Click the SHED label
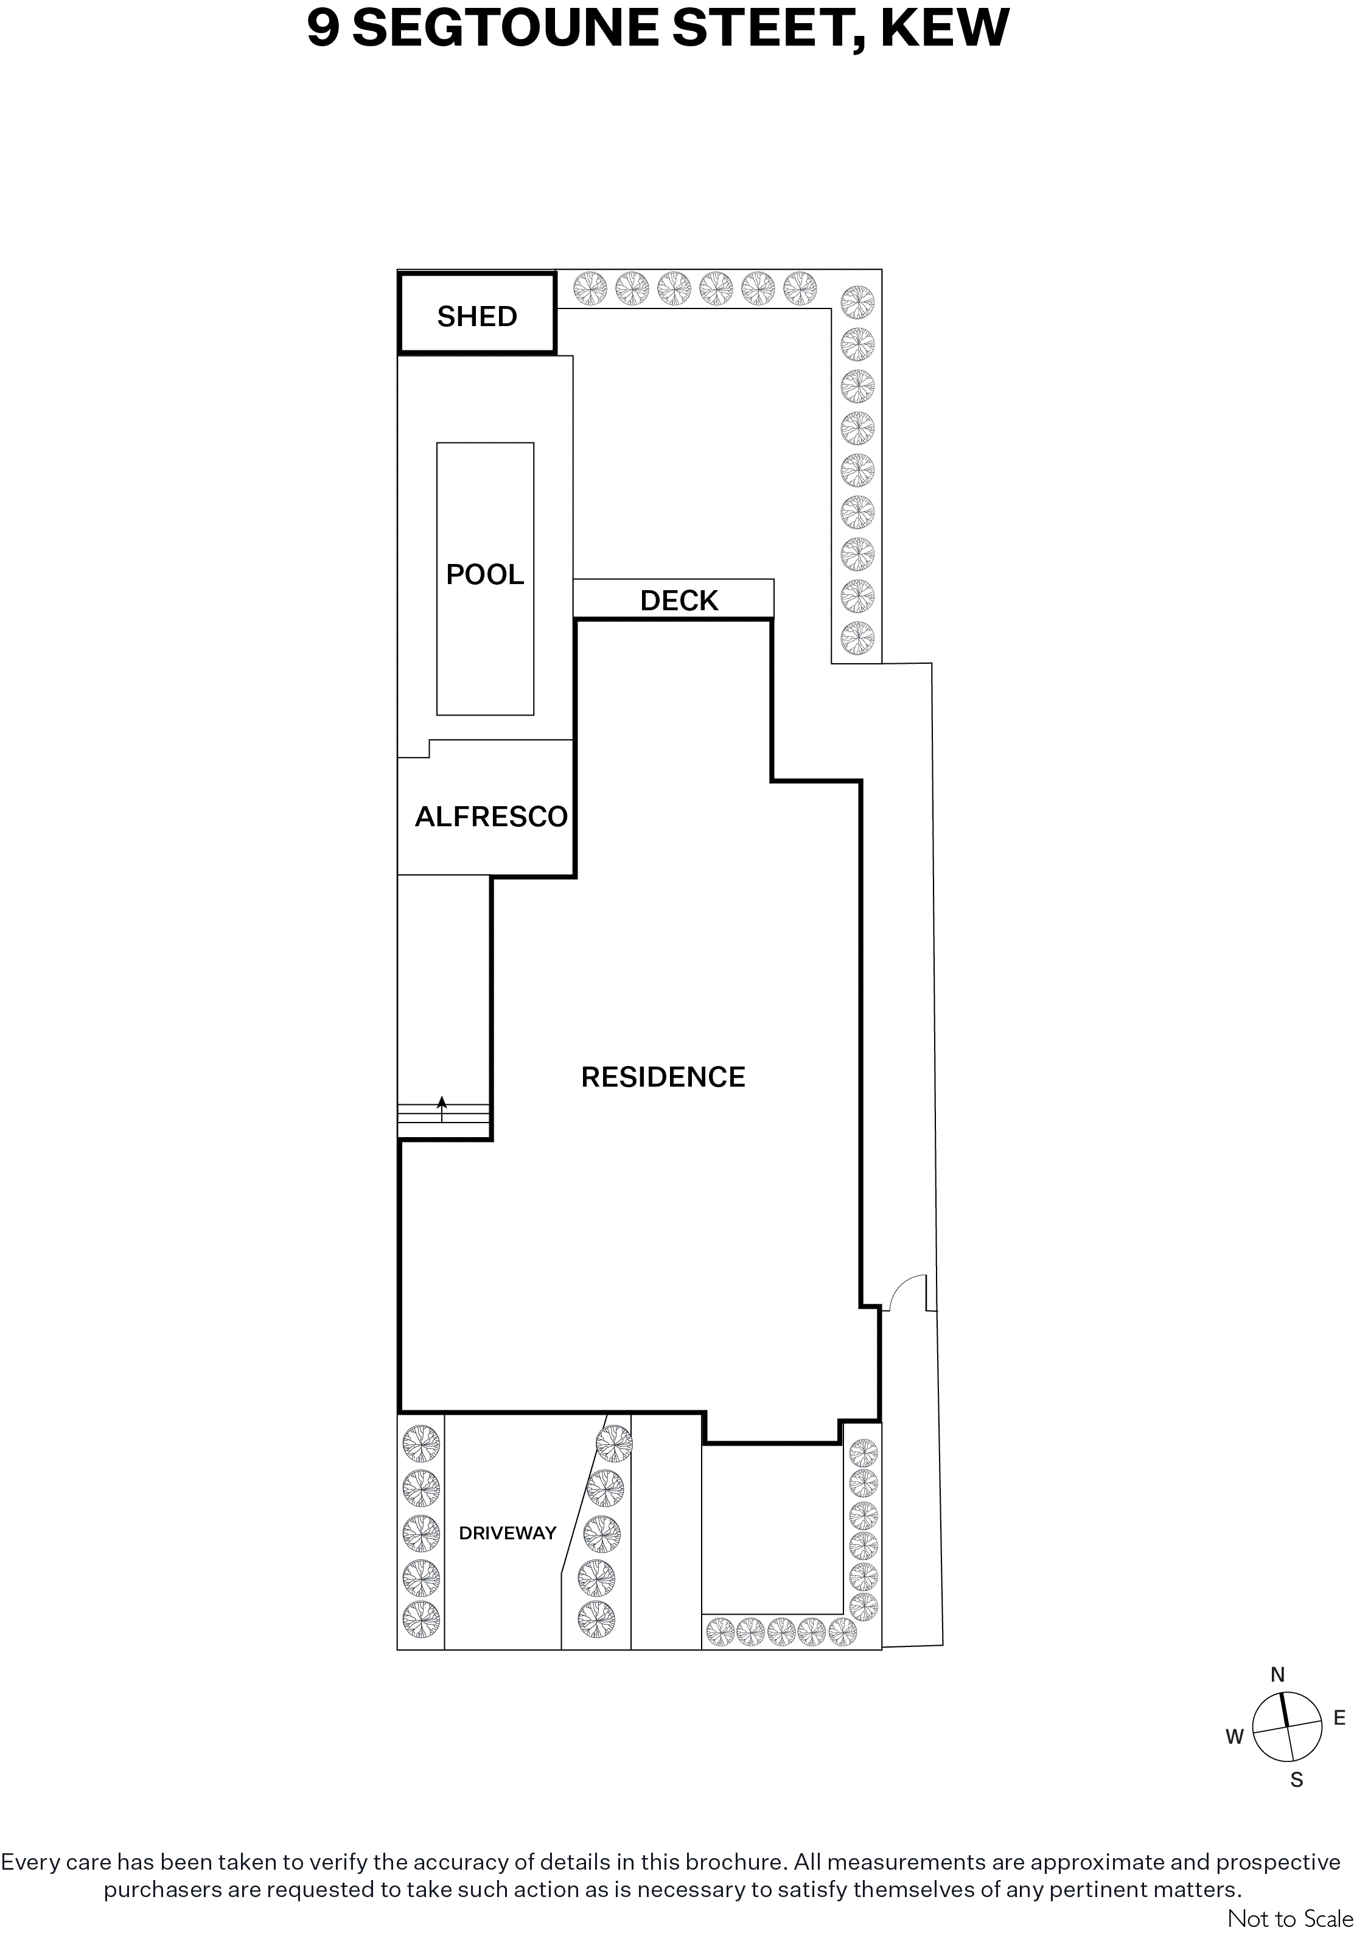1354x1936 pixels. (476, 316)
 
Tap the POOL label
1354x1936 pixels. (485, 574)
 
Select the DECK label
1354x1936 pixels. (679, 601)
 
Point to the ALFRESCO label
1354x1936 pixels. (491, 817)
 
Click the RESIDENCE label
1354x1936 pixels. (663, 1077)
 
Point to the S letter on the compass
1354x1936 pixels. (1297, 1780)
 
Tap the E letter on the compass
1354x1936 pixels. (1339, 1718)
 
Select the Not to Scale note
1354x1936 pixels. (1290, 1918)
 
